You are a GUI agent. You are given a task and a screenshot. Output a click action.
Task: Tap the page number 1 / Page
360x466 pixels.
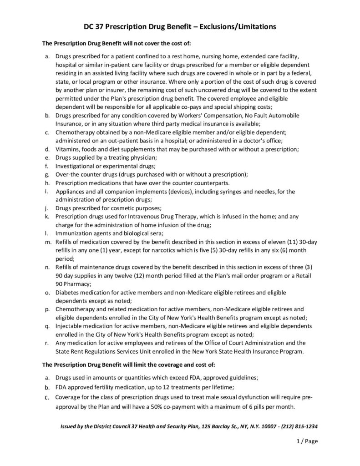[x=305, y=441]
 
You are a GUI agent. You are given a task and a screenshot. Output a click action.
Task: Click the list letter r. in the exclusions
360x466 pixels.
[x=47, y=343]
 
